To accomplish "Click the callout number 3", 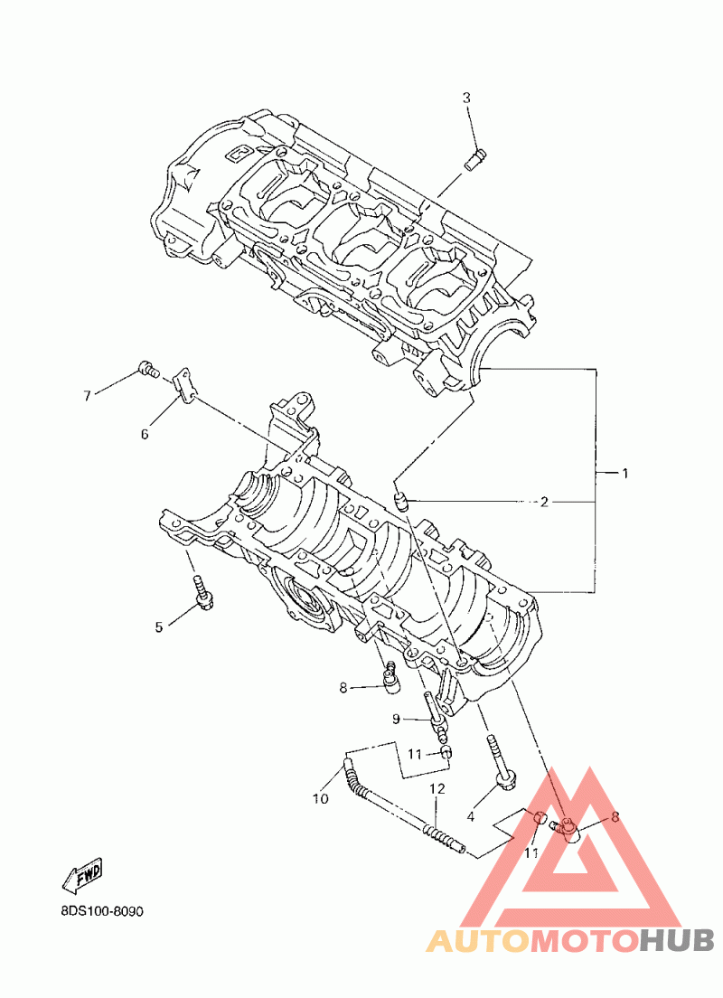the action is (467, 98).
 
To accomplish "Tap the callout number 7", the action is (87, 396).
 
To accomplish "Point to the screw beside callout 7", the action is (147, 368).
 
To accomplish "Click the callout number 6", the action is (145, 434).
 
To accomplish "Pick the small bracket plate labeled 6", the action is (184, 385).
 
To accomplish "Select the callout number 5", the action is (159, 626).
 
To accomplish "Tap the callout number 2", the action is (544, 502).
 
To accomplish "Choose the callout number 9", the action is (396, 719).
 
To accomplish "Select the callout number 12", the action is (437, 789).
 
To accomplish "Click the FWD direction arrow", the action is (82, 875).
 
